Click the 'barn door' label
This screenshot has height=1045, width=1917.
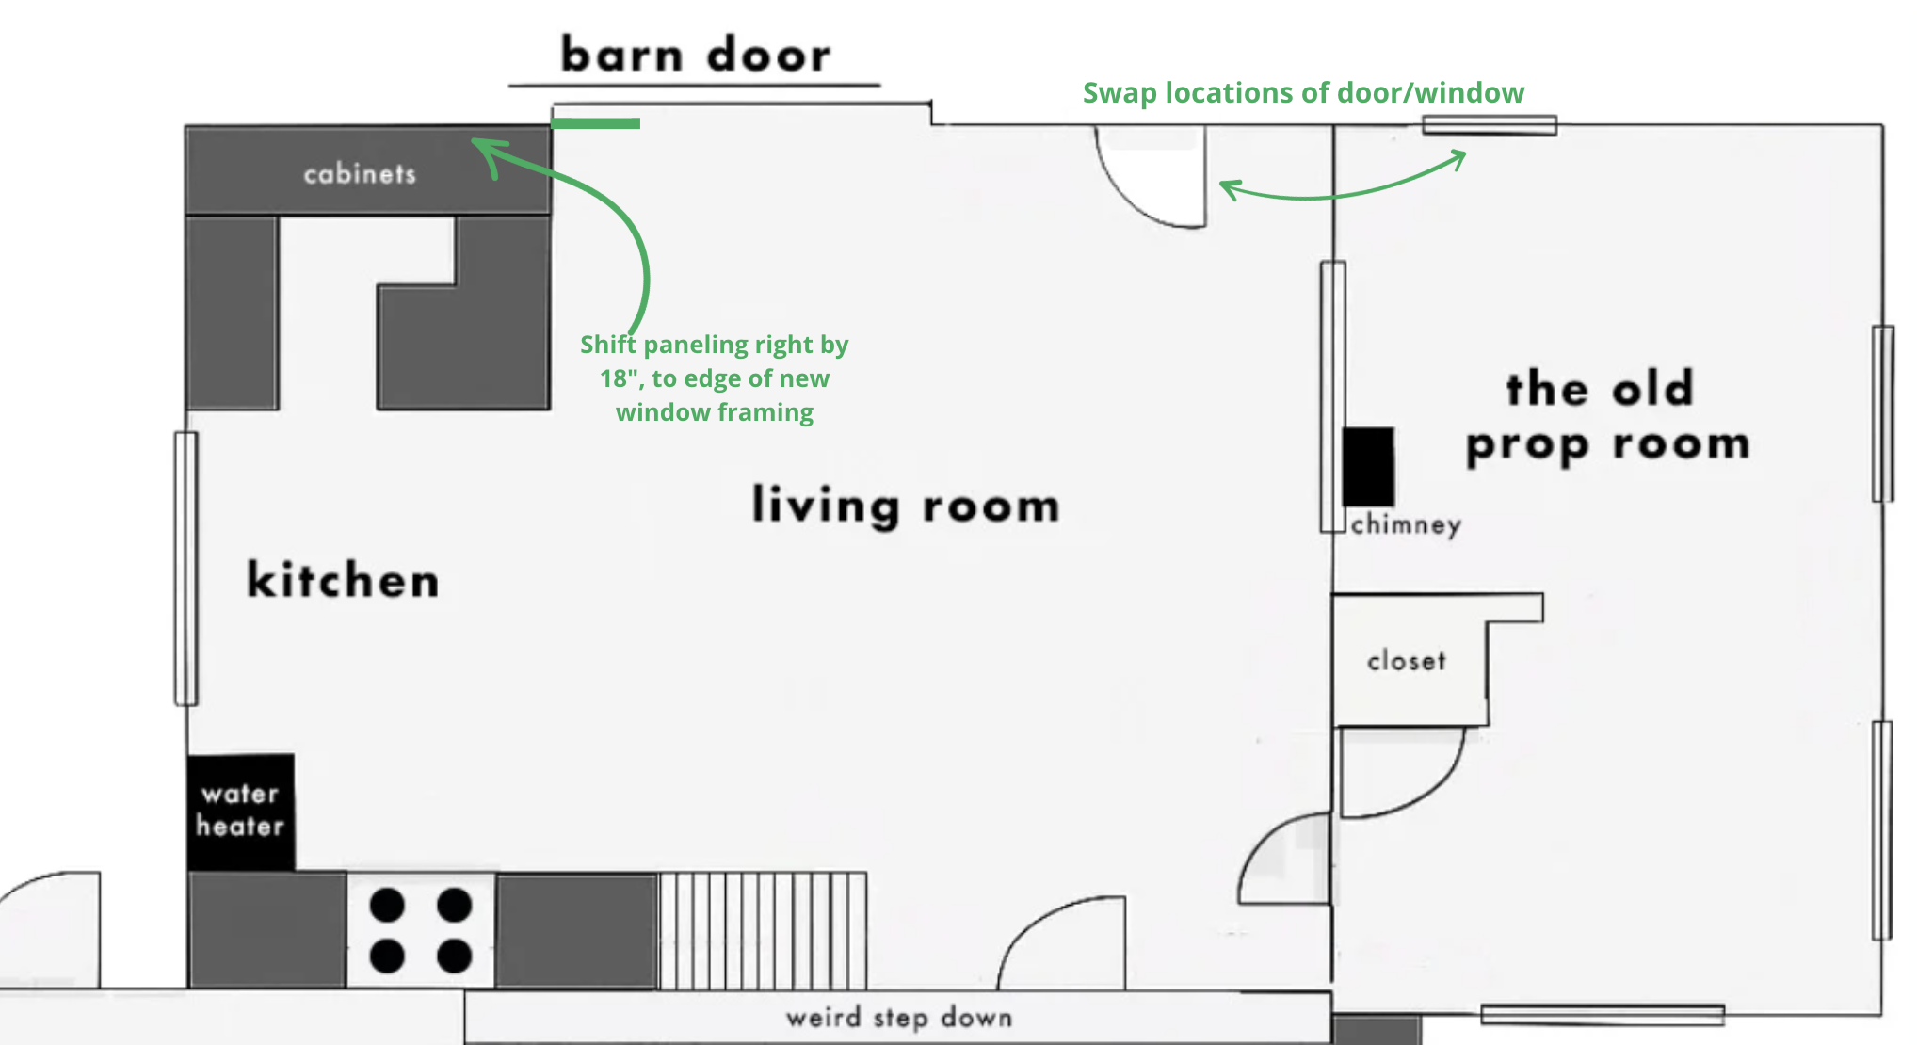point(696,54)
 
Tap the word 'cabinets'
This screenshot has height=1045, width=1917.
point(360,173)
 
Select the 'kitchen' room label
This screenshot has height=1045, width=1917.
point(343,578)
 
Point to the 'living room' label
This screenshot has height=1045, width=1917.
point(906,505)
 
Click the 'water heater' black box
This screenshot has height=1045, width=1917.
point(241,812)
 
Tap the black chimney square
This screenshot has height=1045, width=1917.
point(1368,467)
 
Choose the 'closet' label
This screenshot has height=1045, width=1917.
point(1407,661)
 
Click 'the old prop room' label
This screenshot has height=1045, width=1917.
point(1607,416)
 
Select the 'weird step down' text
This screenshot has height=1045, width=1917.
point(899,1018)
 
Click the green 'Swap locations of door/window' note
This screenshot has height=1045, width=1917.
point(1303,92)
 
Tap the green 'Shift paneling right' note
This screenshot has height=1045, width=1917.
point(715,378)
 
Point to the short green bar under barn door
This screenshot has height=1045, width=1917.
point(595,123)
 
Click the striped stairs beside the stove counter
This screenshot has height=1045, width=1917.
point(763,930)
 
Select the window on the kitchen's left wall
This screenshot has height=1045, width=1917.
point(185,569)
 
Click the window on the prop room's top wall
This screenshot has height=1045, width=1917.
point(1490,124)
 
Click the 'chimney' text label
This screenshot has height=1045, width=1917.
point(1406,524)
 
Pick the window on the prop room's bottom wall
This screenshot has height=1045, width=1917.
point(1603,1015)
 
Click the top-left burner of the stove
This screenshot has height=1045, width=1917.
point(387,906)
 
